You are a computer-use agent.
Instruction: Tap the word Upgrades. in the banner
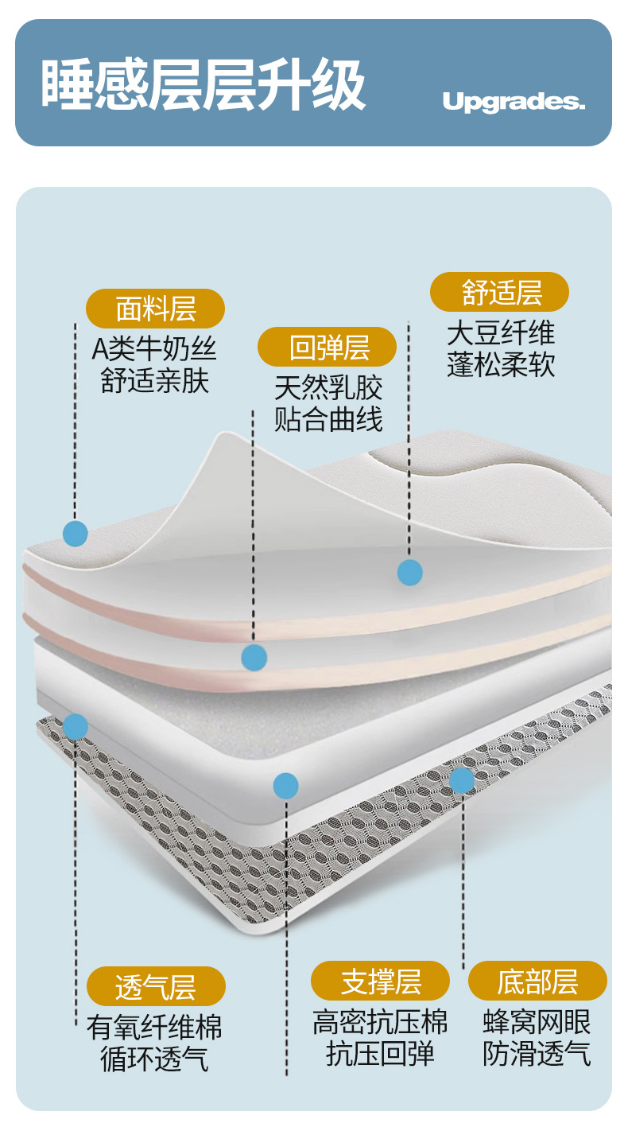(x=514, y=102)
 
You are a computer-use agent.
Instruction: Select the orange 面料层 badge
(x=156, y=308)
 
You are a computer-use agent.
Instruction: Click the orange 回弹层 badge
(x=328, y=347)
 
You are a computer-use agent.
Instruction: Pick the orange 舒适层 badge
(x=500, y=292)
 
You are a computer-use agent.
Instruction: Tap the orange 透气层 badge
(x=156, y=987)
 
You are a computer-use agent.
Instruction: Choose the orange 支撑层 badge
(x=380, y=981)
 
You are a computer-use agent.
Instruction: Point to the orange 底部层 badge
(x=537, y=981)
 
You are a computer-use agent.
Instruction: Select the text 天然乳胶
(x=328, y=387)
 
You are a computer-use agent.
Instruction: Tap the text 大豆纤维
(x=500, y=332)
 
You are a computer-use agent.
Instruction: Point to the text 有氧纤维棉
(x=154, y=1027)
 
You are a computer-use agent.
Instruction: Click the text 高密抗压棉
(x=380, y=1022)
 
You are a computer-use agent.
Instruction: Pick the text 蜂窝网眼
(x=537, y=1022)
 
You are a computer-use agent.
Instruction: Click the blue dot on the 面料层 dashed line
(x=75, y=533)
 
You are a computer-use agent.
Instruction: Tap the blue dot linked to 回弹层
(x=254, y=657)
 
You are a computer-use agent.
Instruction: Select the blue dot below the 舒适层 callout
(x=409, y=572)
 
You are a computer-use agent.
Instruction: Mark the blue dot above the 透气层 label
(x=75, y=726)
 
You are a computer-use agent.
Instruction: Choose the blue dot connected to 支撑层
(x=285, y=786)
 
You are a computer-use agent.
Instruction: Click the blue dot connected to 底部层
(x=462, y=780)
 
